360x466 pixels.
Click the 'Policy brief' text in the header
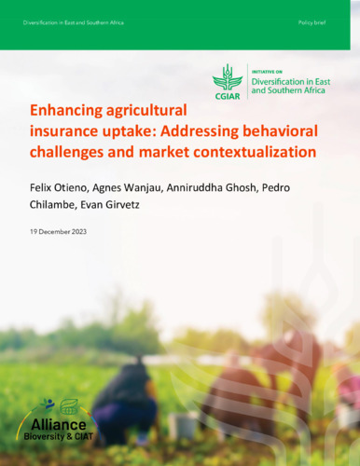point(312,21)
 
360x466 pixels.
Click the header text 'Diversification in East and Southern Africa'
point(74,21)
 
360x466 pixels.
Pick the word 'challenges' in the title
point(69,150)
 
